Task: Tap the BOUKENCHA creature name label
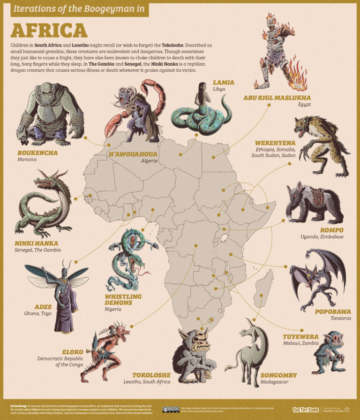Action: click(37, 153)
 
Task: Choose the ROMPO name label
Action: click(331, 230)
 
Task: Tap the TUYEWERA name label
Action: click(300, 336)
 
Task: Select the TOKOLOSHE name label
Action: click(151, 375)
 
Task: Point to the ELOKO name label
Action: click(72, 351)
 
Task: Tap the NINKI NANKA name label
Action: click(37, 243)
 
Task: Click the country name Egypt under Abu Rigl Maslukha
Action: click(305, 105)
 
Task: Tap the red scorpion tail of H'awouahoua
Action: click(157, 96)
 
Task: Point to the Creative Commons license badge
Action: click(171, 409)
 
